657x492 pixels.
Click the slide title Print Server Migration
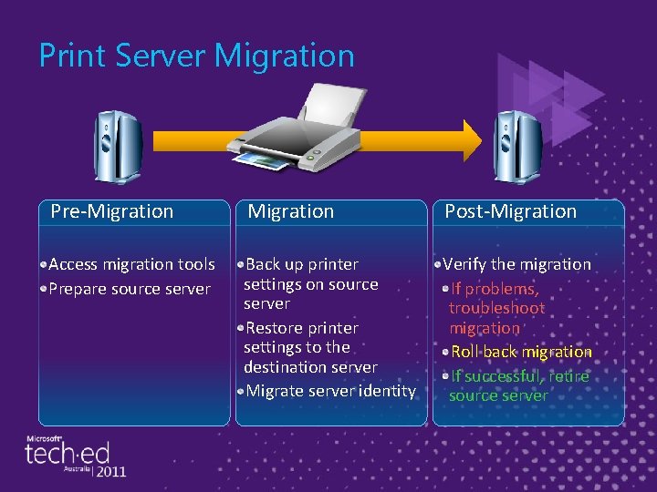pos(196,56)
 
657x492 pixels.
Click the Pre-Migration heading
pos(112,211)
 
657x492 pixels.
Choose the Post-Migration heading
pos(511,211)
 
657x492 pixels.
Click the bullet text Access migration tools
pos(131,264)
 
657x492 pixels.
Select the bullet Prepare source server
pos(130,289)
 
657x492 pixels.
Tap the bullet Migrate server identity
pos(330,391)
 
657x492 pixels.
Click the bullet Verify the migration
pos(516,264)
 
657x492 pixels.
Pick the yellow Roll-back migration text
pos(522,352)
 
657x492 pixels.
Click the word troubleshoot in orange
pos(496,308)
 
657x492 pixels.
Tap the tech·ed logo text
pos(68,453)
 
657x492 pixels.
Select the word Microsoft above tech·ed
pos(43,438)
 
